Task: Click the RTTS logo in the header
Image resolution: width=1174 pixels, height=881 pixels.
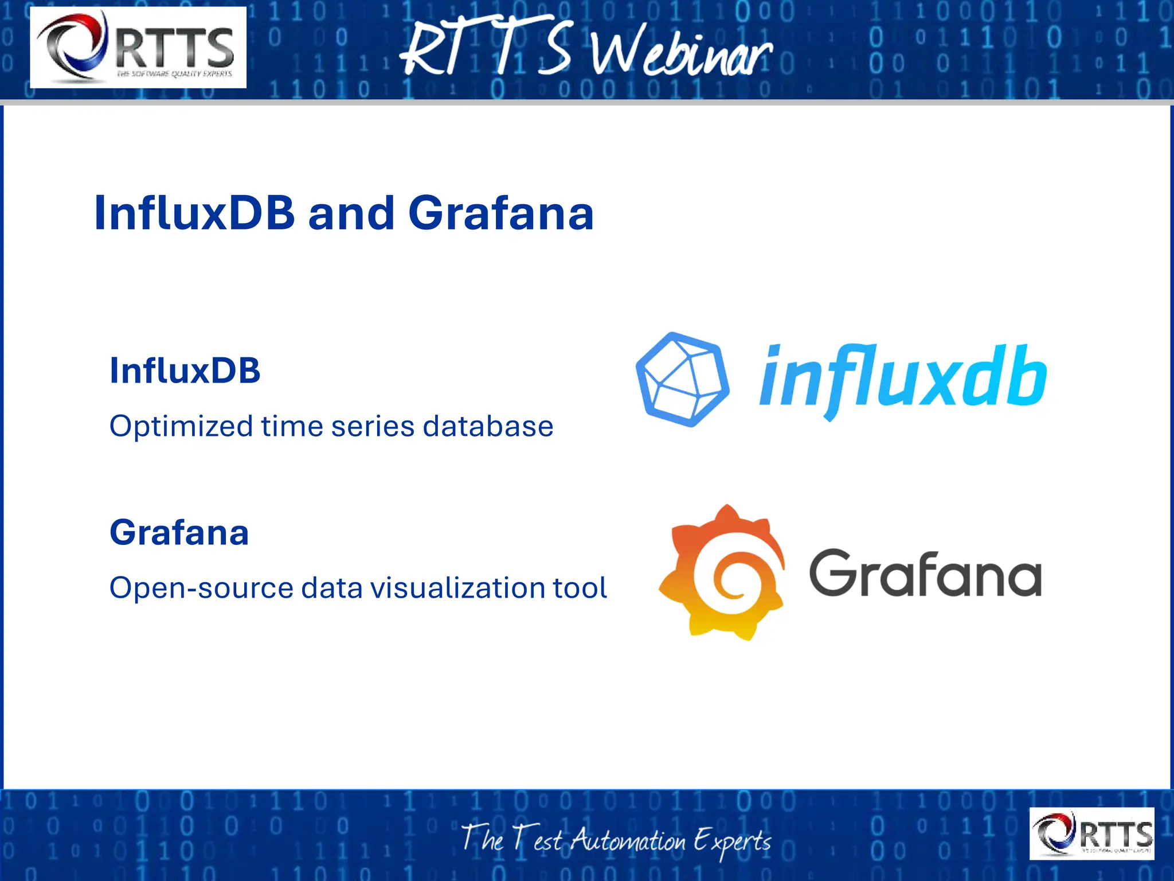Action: tap(138, 48)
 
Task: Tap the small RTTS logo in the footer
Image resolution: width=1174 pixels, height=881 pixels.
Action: tap(1091, 833)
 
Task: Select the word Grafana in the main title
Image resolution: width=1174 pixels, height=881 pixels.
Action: tap(500, 213)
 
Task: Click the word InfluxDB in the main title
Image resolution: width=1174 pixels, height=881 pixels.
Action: tap(194, 213)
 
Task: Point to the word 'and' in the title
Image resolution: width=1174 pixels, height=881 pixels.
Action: tap(351, 213)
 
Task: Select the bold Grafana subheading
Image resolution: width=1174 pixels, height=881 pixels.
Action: tap(179, 532)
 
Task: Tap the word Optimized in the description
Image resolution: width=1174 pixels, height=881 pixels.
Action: tap(181, 427)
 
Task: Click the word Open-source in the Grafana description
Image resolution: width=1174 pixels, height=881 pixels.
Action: tap(201, 588)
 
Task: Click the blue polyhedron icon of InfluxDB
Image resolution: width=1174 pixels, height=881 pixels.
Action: tap(682, 380)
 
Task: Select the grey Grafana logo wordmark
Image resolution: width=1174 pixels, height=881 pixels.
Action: tap(925, 573)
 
